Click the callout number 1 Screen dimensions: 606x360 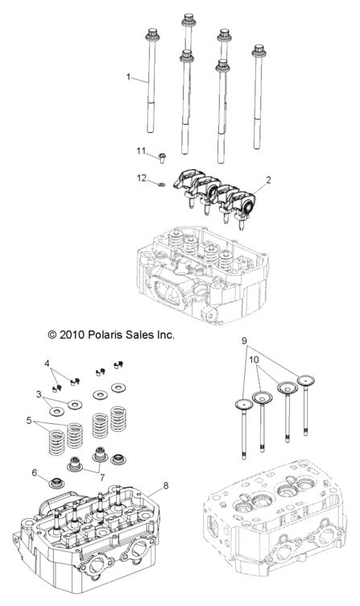coord(128,77)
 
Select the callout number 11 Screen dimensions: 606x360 coord(140,151)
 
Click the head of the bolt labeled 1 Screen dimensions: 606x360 coord(151,35)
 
